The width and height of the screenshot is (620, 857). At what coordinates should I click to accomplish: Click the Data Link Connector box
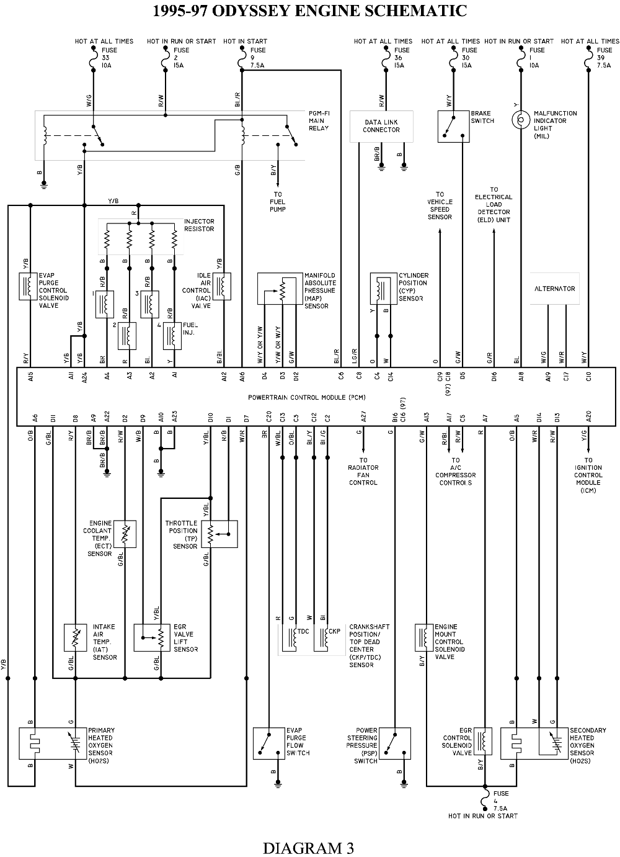point(381,126)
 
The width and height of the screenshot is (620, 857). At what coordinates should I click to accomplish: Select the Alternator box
point(554,289)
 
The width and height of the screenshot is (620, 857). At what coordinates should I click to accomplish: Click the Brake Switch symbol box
point(453,127)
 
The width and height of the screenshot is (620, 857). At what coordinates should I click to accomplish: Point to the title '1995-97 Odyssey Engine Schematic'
point(310,11)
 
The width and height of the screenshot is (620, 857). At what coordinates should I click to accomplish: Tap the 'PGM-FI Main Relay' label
point(319,120)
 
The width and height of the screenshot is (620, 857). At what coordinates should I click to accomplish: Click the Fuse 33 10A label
point(107,58)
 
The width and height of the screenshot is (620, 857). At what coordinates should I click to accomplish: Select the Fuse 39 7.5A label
point(604,58)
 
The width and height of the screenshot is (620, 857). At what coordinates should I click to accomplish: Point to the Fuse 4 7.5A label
point(500,801)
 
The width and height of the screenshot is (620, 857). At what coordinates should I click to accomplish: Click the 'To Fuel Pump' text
point(277,202)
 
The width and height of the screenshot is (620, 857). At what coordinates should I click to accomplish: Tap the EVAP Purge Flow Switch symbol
point(268,743)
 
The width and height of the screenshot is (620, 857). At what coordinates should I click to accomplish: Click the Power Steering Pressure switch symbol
point(395,743)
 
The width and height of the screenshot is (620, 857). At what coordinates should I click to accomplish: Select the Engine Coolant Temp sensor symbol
point(125,534)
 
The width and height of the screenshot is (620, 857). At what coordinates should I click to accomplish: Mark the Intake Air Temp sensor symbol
point(75,637)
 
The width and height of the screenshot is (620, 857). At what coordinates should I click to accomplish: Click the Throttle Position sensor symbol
point(219,534)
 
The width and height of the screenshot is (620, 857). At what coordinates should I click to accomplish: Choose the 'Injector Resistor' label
point(199,225)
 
